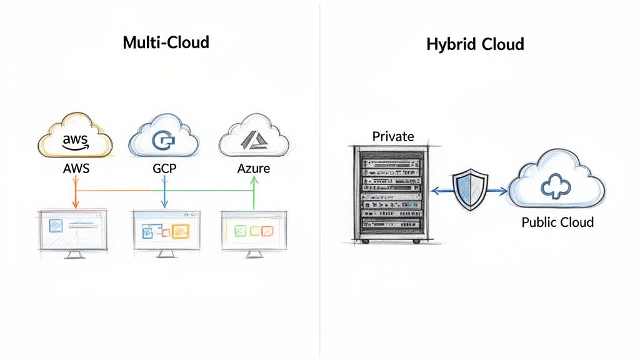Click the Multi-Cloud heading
pos(166,43)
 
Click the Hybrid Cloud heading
pos(475,44)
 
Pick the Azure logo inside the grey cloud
pos(253,141)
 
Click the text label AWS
pos(77,169)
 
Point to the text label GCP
pos(164,169)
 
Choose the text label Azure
pos(253,169)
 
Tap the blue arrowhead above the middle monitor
pos(164,204)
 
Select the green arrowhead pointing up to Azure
pos(253,180)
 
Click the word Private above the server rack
pos(393,136)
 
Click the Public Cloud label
pos(557,222)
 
